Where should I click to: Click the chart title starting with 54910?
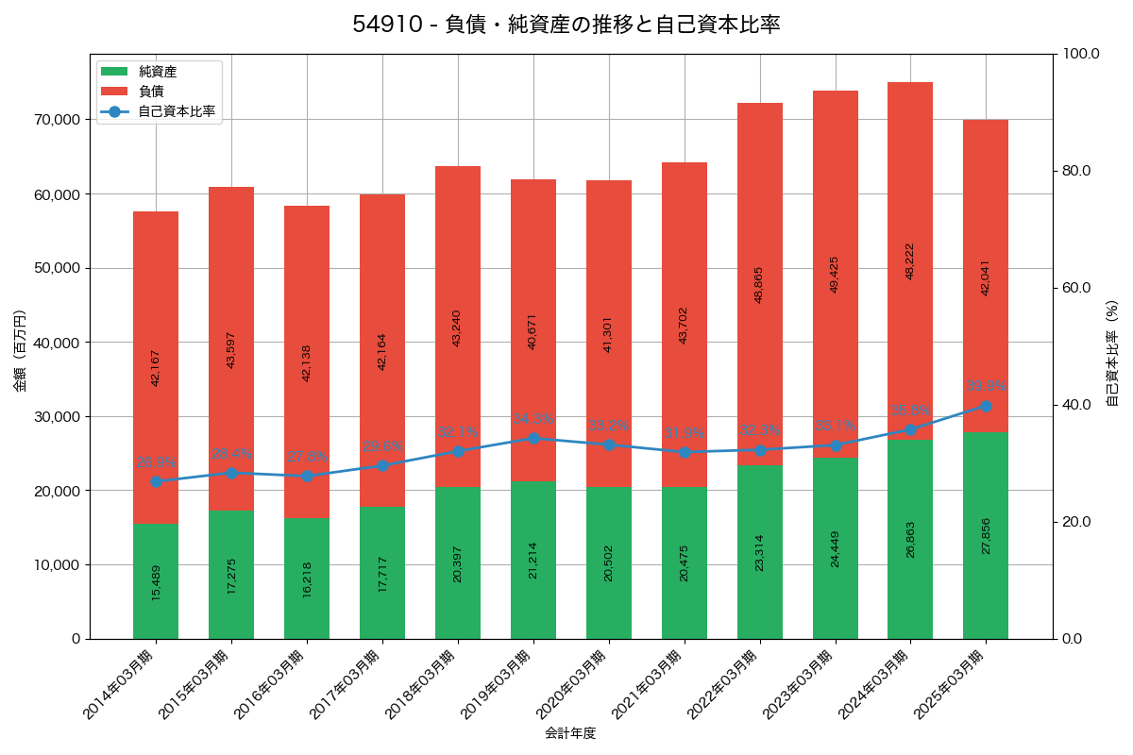coord(566,25)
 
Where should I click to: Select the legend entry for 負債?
coord(151,92)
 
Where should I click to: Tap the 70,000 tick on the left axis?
coord(56,120)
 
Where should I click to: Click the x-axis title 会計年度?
coord(570,732)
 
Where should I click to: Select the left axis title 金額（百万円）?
coord(20,350)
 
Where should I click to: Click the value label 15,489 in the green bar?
coord(157,582)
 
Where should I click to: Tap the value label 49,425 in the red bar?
coord(835,274)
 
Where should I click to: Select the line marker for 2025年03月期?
coord(986,406)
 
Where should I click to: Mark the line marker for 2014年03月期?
coord(156,481)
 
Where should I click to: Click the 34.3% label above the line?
coord(533,419)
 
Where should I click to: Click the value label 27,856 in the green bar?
coord(987,535)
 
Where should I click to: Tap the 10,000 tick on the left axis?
coord(56,565)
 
